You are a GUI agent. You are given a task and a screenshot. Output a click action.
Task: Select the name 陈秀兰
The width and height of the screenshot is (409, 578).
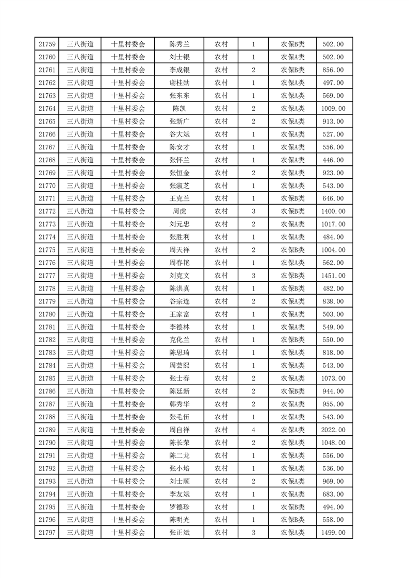click(179, 44)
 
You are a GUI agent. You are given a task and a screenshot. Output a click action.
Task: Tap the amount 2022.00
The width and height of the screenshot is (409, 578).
click(333, 430)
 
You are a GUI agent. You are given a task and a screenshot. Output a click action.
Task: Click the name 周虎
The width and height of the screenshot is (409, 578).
click(179, 211)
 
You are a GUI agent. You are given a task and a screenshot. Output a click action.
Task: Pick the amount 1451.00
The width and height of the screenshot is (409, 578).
click(333, 276)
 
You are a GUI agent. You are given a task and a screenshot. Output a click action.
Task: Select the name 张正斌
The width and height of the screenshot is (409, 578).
click(179, 533)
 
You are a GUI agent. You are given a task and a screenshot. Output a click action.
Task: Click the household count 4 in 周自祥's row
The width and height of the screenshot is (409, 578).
click(253, 430)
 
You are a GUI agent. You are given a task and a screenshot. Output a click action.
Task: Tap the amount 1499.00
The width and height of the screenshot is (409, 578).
click(333, 533)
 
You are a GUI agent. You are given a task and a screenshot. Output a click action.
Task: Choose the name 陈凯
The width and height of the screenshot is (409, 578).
click(179, 109)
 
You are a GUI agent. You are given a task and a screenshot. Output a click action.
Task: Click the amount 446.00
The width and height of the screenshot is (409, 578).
click(333, 160)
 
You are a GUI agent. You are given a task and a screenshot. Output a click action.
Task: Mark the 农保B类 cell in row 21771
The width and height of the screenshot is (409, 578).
click(292, 198)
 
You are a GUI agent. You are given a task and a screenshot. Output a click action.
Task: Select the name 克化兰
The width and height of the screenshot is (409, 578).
click(179, 340)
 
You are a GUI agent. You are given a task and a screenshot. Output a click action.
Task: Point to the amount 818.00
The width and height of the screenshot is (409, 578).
click(333, 353)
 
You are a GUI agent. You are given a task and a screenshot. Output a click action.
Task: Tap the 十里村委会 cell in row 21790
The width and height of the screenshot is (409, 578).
click(128, 443)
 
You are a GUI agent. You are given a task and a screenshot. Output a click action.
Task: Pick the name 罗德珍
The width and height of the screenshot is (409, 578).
click(179, 507)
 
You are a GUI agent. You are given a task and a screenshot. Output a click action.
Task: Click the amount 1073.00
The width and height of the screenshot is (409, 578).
click(333, 379)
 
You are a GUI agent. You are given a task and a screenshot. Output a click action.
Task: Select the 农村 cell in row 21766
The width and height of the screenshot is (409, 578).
click(221, 134)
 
